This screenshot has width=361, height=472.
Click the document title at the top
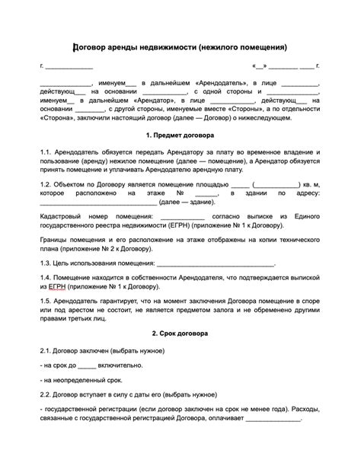(x=180, y=47)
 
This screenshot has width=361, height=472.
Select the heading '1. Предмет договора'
(x=180, y=135)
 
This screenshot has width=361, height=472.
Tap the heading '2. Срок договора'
(x=180, y=333)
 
